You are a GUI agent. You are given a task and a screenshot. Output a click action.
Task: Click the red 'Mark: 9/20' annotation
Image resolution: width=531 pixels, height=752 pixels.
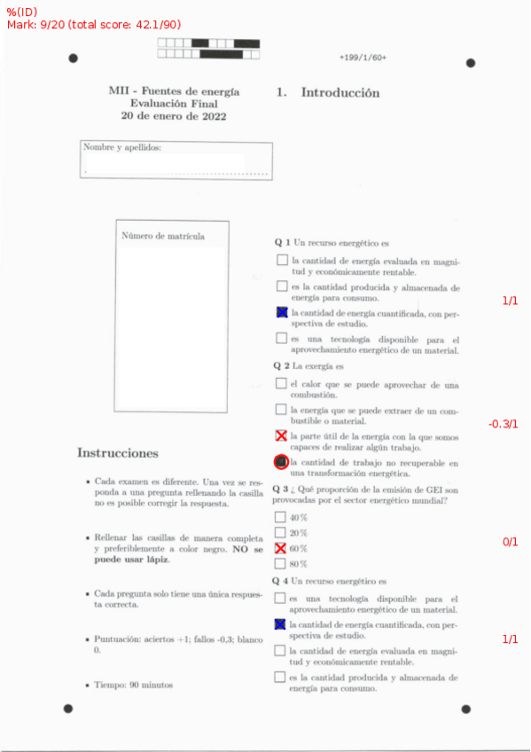44,25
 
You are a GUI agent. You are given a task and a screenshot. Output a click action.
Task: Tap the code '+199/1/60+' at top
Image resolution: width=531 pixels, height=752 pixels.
362,58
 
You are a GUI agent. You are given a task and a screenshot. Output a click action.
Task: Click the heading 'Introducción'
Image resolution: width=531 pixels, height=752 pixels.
340,93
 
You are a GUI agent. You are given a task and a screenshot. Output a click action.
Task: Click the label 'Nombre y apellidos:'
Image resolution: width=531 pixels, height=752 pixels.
121,148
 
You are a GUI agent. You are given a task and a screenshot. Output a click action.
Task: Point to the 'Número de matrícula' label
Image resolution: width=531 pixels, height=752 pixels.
163,236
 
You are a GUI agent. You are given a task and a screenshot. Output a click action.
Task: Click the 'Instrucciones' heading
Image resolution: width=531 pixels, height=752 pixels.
118,453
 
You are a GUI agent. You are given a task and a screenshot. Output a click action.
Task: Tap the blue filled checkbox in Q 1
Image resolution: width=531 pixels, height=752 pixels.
282,312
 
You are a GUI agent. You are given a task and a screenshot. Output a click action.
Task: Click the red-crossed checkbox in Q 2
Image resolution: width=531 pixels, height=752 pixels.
282,436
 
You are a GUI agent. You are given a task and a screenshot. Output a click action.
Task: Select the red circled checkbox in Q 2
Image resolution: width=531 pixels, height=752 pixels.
281,462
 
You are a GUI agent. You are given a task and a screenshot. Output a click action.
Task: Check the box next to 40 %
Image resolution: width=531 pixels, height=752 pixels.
281,517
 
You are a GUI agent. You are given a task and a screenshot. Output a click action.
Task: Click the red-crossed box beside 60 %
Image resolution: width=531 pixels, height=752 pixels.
281,548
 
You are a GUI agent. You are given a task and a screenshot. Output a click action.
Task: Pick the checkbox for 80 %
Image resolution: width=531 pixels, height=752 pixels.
281,563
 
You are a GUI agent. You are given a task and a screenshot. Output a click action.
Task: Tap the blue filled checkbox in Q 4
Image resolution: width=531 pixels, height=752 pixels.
281,625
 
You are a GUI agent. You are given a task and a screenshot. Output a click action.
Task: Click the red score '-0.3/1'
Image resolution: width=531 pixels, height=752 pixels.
503,425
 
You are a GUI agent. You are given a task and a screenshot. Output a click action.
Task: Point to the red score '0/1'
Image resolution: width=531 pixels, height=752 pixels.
510,542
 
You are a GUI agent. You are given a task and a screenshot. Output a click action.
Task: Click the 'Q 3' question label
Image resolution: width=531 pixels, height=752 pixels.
280,489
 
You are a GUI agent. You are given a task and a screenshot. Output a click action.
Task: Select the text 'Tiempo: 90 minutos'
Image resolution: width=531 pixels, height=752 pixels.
134,685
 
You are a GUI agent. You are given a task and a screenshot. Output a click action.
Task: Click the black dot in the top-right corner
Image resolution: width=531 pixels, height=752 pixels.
471,63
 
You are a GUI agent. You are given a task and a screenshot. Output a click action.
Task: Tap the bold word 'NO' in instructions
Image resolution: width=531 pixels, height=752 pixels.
240,549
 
